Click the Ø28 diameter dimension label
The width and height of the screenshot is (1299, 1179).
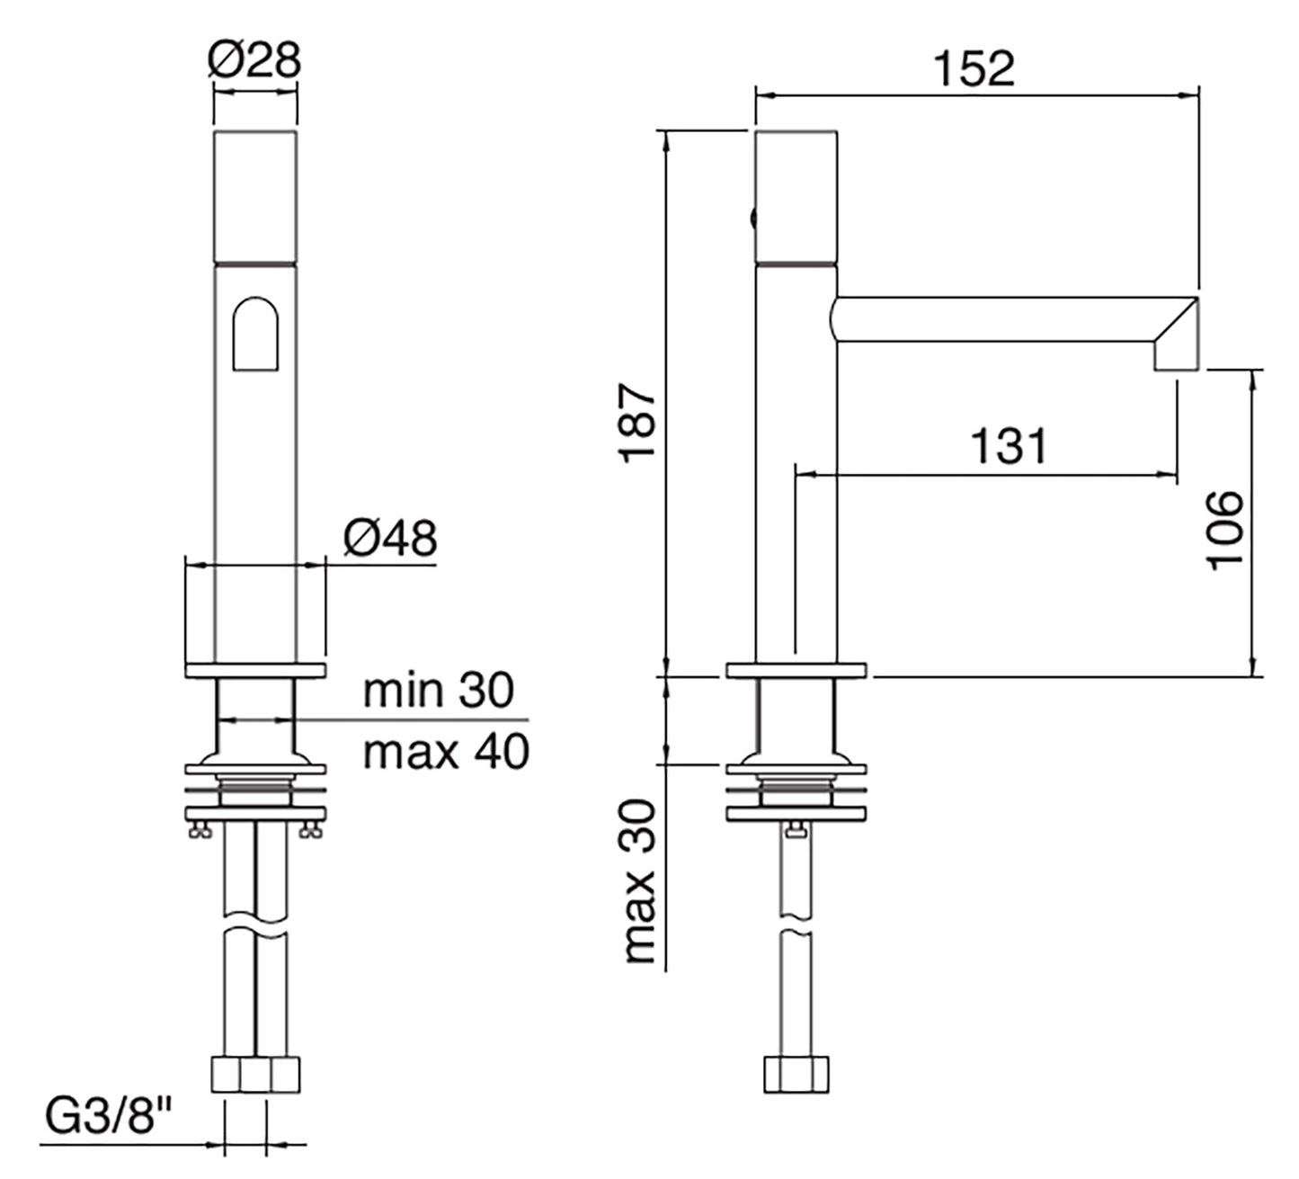[x=254, y=60]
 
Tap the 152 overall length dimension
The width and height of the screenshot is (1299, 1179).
[x=974, y=68]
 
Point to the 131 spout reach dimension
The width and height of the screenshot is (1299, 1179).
[x=1009, y=446]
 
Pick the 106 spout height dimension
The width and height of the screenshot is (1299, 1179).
[x=1224, y=530]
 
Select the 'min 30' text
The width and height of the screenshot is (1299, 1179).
[x=438, y=691]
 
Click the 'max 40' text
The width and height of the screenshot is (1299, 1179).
[x=446, y=751]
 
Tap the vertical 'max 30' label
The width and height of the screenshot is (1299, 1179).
[x=639, y=881]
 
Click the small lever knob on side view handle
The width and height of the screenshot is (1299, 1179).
[x=752, y=217]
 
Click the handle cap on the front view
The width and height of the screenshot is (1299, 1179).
[x=255, y=196]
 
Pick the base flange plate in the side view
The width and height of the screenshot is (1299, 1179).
[x=796, y=670]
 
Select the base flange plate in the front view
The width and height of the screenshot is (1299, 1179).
[x=255, y=670]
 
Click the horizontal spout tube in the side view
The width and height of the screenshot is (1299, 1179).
[x=989, y=319]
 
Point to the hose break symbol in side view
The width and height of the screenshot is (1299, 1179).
[x=796, y=924]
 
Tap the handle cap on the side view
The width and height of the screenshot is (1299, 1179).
[x=796, y=196]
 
